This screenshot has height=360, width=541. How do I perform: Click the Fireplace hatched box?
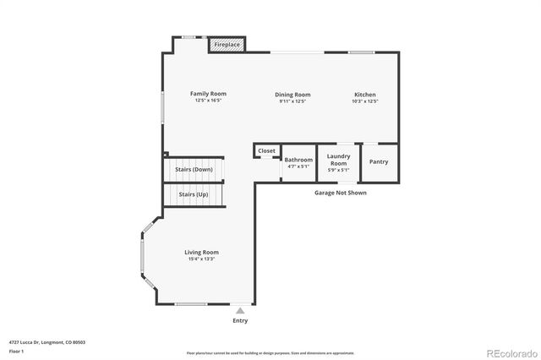pos(227,44)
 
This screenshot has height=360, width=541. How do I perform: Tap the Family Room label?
pos(208,94)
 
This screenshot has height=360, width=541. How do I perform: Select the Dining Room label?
pos(292,95)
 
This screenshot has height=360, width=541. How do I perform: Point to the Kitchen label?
pos(365,95)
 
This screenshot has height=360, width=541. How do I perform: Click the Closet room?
pos(267,150)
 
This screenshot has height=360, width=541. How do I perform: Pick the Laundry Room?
pos(339,161)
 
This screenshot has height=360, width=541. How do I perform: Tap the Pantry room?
pos(379,161)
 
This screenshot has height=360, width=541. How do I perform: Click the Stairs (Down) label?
pos(194,169)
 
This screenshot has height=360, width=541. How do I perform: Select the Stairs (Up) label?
pos(194,194)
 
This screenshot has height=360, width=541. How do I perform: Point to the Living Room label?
pos(202,252)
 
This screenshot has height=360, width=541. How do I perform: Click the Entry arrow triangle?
pos(240,311)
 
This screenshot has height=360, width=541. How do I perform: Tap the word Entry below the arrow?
pos(241,321)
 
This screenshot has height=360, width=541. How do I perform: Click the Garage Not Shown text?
pos(341,193)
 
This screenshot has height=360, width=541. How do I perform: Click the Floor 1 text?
pos(16,351)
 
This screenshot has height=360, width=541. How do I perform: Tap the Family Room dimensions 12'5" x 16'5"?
pos(208,101)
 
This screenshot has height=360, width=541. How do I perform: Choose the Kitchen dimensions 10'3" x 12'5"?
pos(365,101)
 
